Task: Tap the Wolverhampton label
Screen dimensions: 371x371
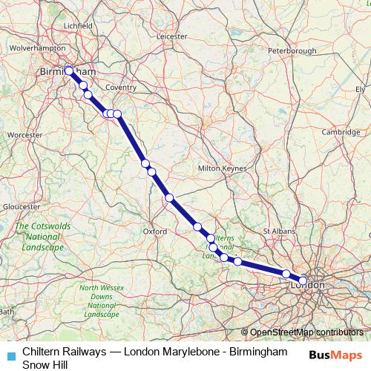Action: click(36, 47)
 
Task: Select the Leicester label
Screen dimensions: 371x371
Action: click(172, 35)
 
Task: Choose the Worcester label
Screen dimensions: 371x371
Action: click(24, 135)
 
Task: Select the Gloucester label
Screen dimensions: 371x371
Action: click(21, 206)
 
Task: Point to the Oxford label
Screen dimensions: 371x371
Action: click(154, 231)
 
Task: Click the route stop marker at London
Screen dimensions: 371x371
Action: click(303, 281)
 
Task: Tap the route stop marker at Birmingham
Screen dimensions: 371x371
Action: click(69, 70)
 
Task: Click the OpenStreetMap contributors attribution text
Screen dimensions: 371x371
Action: click(307, 332)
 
